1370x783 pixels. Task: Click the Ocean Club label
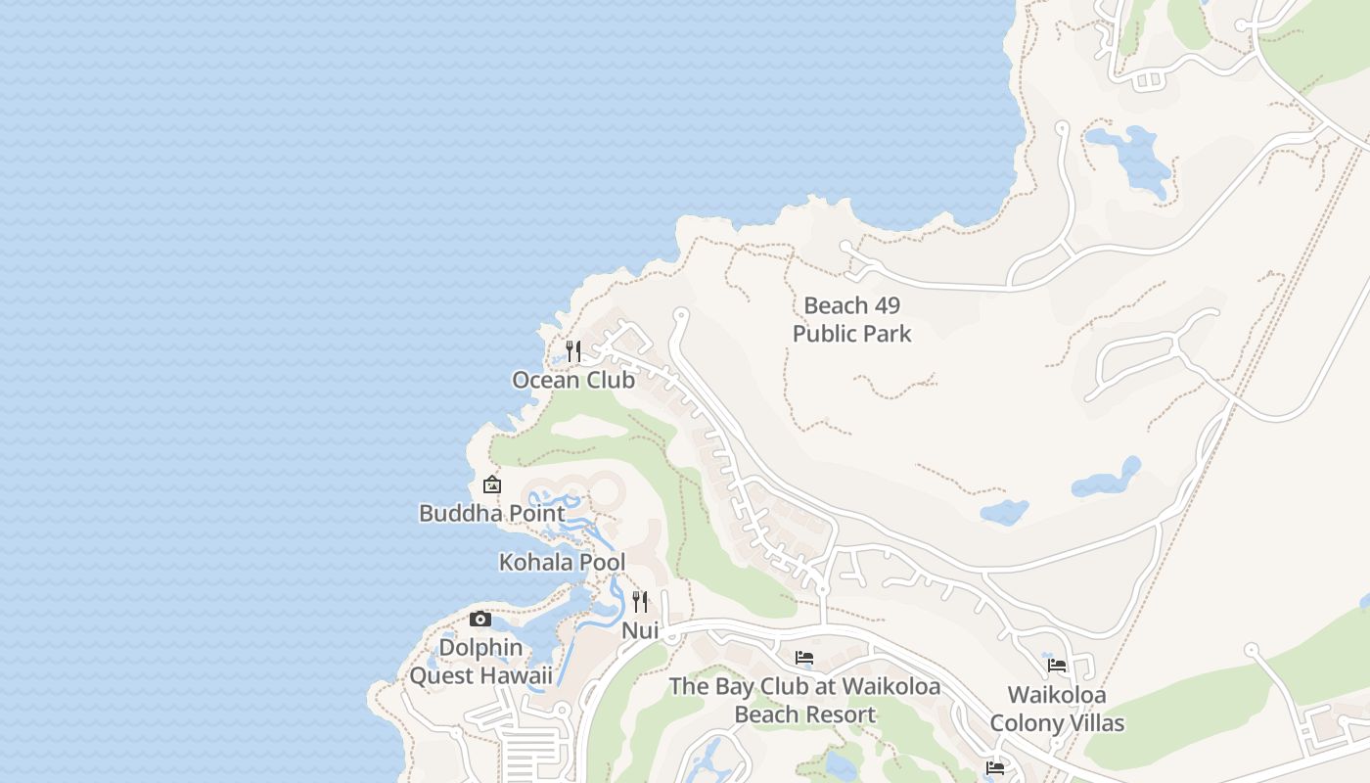point(573,380)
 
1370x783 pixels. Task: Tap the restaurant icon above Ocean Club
point(573,350)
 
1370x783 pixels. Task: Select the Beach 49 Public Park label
point(851,319)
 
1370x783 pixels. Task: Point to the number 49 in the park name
point(883,305)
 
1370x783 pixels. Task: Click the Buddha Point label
point(491,513)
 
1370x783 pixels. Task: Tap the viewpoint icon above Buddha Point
point(492,484)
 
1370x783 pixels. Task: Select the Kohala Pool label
point(562,563)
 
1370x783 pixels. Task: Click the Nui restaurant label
point(640,630)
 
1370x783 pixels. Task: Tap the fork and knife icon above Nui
point(640,601)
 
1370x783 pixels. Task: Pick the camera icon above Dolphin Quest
point(479,619)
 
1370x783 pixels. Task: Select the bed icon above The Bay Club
point(804,657)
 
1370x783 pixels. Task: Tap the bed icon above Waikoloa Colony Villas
point(1057,666)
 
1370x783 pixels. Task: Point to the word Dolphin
point(480,647)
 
